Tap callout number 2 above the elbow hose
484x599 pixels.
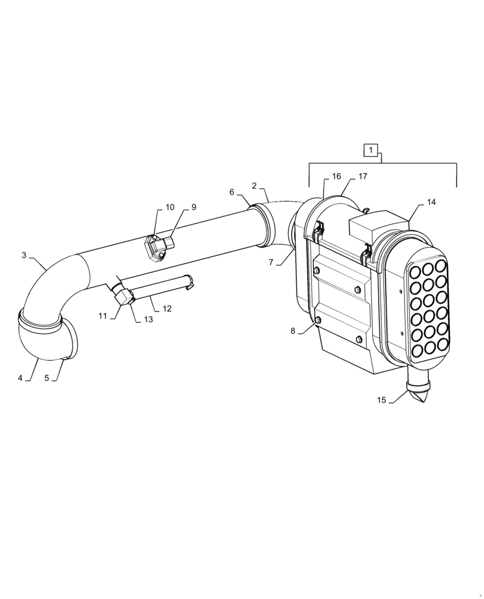255,186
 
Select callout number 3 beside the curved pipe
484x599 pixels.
24,255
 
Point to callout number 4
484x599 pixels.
20,378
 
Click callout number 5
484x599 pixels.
47,378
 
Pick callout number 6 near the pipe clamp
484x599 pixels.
232,192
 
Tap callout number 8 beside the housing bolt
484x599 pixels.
293,331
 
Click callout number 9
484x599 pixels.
194,207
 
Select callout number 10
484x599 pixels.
170,207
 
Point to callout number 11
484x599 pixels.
102,316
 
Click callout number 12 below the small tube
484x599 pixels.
167,308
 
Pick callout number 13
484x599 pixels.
148,319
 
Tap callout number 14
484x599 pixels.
431,202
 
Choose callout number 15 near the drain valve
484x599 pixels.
382,400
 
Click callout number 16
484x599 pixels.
337,177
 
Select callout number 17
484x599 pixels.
363,177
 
